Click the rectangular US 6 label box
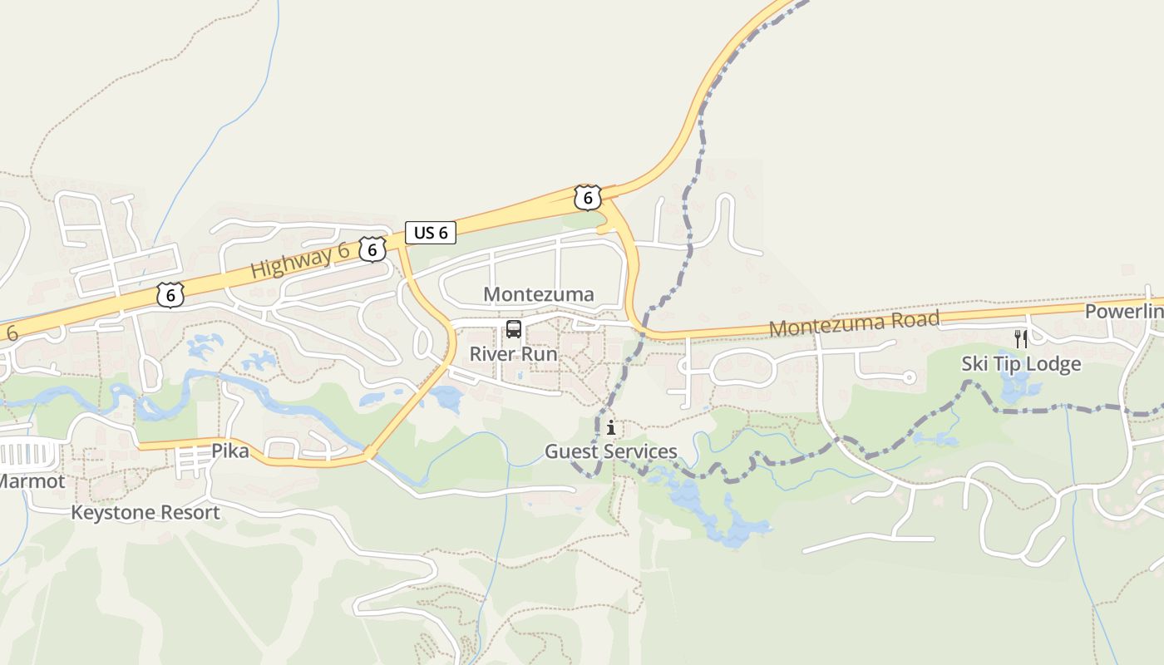[x=431, y=233]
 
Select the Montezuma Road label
[x=854, y=323]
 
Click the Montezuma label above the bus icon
[x=538, y=294]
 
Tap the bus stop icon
[x=514, y=329]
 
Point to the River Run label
[x=513, y=353]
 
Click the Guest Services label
[x=610, y=451]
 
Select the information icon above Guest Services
[x=611, y=428]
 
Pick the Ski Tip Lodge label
[x=1021, y=363]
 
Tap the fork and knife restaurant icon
[x=1021, y=339]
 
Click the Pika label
[x=229, y=451]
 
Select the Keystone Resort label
[x=145, y=512]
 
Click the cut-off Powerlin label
[x=1123, y=312]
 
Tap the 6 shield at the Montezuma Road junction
[x=587, y=198]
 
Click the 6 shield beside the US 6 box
[x=372, y=248]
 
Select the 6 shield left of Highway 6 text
[x=170, y=294]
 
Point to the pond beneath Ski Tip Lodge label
[x=1018, y=387]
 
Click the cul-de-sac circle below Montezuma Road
[x=909, y=377]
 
